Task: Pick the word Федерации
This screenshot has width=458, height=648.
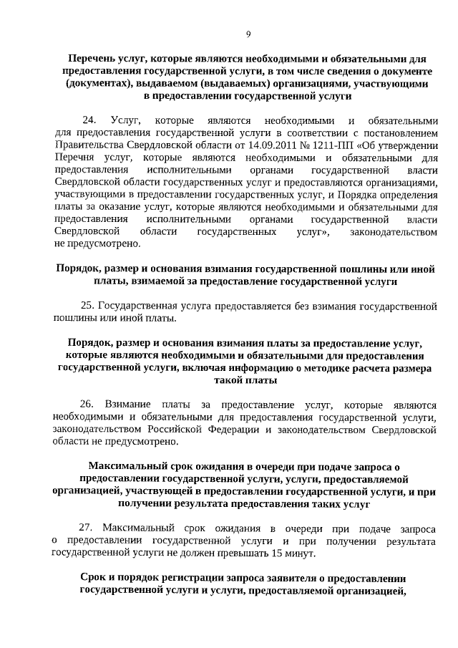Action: [x=231, y=430]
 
